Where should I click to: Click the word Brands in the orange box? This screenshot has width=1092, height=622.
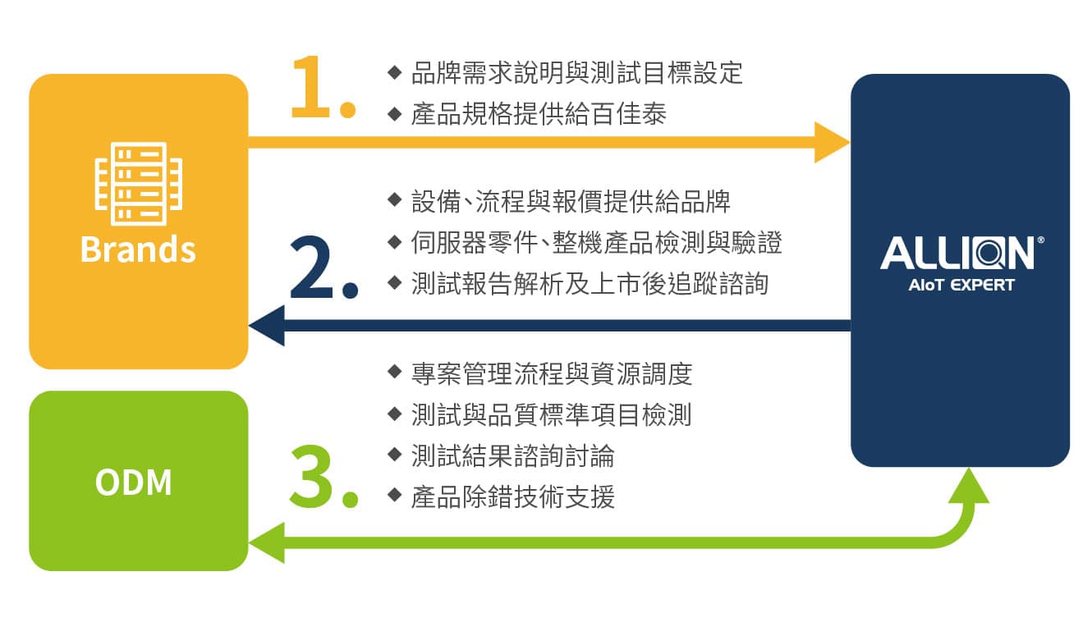138,249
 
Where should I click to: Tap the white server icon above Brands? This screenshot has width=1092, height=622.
139,184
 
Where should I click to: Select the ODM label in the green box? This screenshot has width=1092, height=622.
134,483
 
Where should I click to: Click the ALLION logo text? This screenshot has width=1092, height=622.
957,254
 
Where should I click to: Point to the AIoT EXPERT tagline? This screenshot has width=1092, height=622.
961,285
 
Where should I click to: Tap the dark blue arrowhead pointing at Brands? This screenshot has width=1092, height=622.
267,326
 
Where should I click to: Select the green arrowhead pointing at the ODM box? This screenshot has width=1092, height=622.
267,542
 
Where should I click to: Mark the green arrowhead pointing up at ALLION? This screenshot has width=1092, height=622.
969,485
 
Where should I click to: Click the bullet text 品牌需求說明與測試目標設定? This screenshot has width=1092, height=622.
576,73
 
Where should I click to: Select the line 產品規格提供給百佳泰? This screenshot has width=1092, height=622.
539,114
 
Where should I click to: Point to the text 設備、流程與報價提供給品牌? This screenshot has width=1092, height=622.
571,201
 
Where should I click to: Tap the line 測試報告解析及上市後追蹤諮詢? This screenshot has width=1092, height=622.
590,283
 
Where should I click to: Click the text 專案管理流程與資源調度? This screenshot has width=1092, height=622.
552,374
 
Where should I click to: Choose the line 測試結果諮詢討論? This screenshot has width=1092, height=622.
512,456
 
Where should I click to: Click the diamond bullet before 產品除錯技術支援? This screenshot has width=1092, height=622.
394,496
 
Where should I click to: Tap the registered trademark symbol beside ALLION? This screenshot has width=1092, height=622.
1040,240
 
